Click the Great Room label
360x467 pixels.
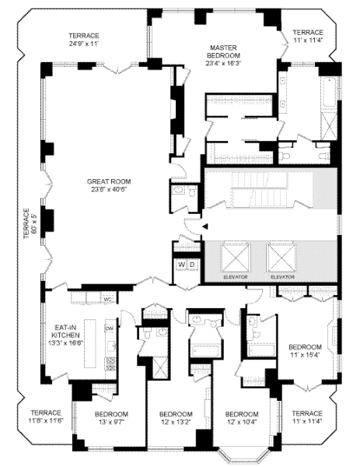pyautogui.click(x=109, y=185)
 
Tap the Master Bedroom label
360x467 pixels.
pyautogui.click(x=223, y=55)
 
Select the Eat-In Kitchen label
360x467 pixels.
pyautogui.click(x=65, y=335)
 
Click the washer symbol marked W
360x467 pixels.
pyautogui.click(x=181, y=265)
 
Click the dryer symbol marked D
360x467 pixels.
pyautogui.click(x=192, y=265)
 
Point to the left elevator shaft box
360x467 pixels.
pyautogui.click(x=235, y=258)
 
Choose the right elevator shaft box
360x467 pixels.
pyautogui.click(x=281, y=258)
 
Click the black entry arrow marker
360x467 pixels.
pyautogui.click(x=205, y=226)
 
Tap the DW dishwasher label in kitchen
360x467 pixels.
pyautogui.click(x=109, y=328)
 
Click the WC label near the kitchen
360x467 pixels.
pyautogui.click(x=107, y=299)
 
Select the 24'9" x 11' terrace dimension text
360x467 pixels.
pyautogui.click(x=84, y=44)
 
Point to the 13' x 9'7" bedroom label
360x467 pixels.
pyautogui.click(x=111, y=418)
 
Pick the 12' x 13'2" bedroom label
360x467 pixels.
pyautogui.click(x=177, y=418)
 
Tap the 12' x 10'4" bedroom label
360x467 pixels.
pyautogui.click(x=242, y=418)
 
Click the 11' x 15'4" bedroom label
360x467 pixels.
pyautogui.click(x=306, y=351)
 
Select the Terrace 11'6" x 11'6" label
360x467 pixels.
pyautogui.click(x=46, y=416)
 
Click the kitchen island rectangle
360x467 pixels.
pyautogui.click(x=90, y=343)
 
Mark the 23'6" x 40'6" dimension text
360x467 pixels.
pyautogui.click(x=109, y=189)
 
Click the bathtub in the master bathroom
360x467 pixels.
pyautogui.click(x=329, y=94)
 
